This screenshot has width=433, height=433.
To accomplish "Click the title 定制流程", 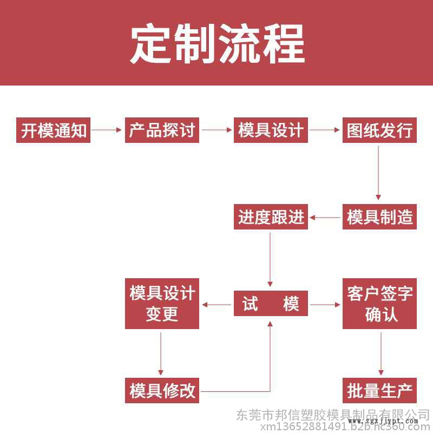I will tap(216, 43).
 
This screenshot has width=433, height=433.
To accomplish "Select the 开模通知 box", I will tap(54, 130).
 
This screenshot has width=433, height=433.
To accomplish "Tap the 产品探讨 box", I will tap(162, 130).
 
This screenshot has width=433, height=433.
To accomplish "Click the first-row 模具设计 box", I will tap(271, 130).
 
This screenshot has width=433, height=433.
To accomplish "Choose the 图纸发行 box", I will tap(379, 130).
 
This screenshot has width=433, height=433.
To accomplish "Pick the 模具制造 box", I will tap(379, 217).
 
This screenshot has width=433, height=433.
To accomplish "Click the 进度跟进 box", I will tap(271, 217).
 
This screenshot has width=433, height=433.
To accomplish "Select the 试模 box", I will tap(271, 304).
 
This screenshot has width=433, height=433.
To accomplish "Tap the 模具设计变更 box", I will tap(162, 304).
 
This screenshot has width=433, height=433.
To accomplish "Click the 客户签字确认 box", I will tap(379, 304).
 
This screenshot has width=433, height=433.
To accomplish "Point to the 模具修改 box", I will tap(162, 390).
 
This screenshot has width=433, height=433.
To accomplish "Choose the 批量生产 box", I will tap(379, 390).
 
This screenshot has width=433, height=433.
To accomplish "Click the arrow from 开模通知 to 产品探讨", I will tap(107, 130).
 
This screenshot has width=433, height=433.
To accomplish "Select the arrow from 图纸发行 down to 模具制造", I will tap(378, 173).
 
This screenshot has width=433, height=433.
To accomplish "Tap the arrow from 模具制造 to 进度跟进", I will tap(325, 218).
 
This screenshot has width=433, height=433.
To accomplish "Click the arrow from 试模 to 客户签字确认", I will tap(325, 304).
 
